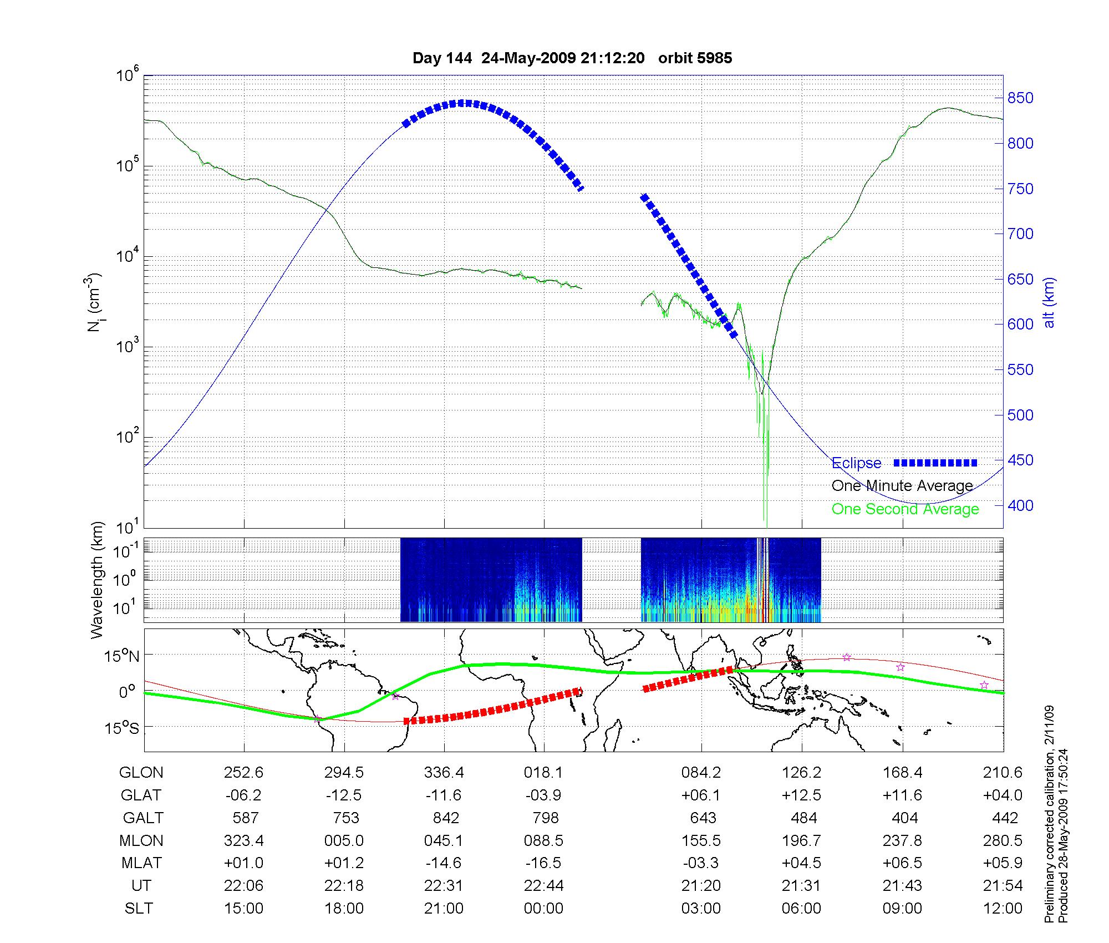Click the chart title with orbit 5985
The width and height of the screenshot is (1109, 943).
pos(572,58)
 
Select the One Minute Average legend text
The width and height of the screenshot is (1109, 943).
pos(902,486)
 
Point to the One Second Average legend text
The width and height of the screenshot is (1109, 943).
pos(905,509)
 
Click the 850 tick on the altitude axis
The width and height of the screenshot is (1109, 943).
pos(1020,98)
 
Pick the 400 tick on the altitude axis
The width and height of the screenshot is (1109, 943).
pos(1020,505)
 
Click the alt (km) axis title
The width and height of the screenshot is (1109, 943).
pos(1049,302)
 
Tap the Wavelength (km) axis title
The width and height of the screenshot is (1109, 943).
pos(98,580)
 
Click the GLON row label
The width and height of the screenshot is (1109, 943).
pos(141,773)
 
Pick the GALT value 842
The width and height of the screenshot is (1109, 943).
pos(446,818)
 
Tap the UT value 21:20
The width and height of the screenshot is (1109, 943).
pos(701,886)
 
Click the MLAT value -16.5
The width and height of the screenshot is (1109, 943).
pos(543,863)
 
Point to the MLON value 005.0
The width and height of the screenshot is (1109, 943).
pos(344,841)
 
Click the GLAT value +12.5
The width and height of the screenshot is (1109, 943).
pos(801,795)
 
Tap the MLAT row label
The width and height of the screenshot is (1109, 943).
pos(141,863)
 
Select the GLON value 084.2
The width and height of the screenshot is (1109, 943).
pos(701,773)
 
